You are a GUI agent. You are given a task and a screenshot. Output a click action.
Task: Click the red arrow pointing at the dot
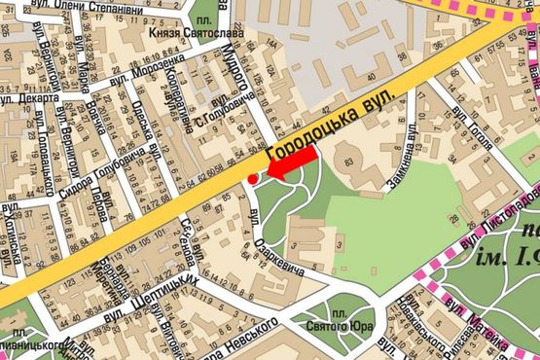(x=293, y=164)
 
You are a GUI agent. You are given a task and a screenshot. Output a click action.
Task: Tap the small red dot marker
(x=252, y=179)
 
